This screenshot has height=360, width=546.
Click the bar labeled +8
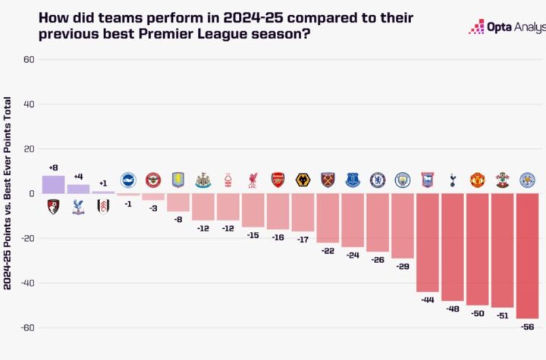(53, 185)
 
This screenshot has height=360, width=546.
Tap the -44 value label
(428, 300)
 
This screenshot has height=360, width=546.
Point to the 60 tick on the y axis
(30, 60)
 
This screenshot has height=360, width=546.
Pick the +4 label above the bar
(78, 177)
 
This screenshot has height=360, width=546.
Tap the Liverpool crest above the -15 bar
(253, 180)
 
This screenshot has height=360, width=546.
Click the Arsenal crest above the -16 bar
(278, 180)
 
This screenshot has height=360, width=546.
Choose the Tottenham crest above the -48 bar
(453, 180)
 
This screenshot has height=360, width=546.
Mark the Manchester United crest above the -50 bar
(478, 180)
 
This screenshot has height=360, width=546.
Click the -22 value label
(328, 251)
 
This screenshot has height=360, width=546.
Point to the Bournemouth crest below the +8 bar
(53, 206)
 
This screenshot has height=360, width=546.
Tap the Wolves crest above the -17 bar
(303, 180)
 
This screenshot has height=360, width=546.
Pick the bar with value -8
(177, 202)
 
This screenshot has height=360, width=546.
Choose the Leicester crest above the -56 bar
(527, 180)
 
